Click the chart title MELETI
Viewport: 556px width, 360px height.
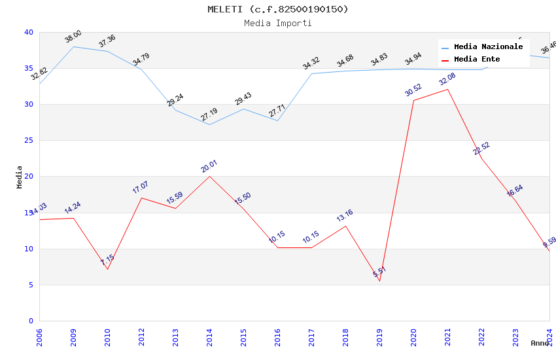click(278, 9)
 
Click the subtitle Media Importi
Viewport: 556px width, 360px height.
click(278, 23)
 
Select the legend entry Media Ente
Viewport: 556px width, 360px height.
click(477, 59)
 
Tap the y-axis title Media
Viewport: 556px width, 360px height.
click(20, 177)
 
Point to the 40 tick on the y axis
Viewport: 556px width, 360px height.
click(29, 32)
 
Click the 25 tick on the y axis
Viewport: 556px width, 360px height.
click(29, 141)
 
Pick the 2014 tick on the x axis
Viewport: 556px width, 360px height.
click(209, 337)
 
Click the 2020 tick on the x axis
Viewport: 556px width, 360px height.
click(413, 337)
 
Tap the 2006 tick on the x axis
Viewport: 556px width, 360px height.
click(39, 337)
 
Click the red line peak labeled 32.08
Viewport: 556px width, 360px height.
click(447, 89)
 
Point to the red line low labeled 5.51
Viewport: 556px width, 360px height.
click(379, 281)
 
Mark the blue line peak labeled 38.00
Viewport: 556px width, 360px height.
click(73, 46)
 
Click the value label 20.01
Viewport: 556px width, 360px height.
click(209, 166)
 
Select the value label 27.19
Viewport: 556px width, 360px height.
click(209, 115)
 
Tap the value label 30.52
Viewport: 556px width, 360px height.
click(413, 90)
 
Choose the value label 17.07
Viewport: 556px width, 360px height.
click(141, 188)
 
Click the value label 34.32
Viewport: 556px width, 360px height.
click(311, 63)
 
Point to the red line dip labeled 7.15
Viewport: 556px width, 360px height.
click(107, 269)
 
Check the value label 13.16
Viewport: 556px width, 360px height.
click(345, 216)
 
